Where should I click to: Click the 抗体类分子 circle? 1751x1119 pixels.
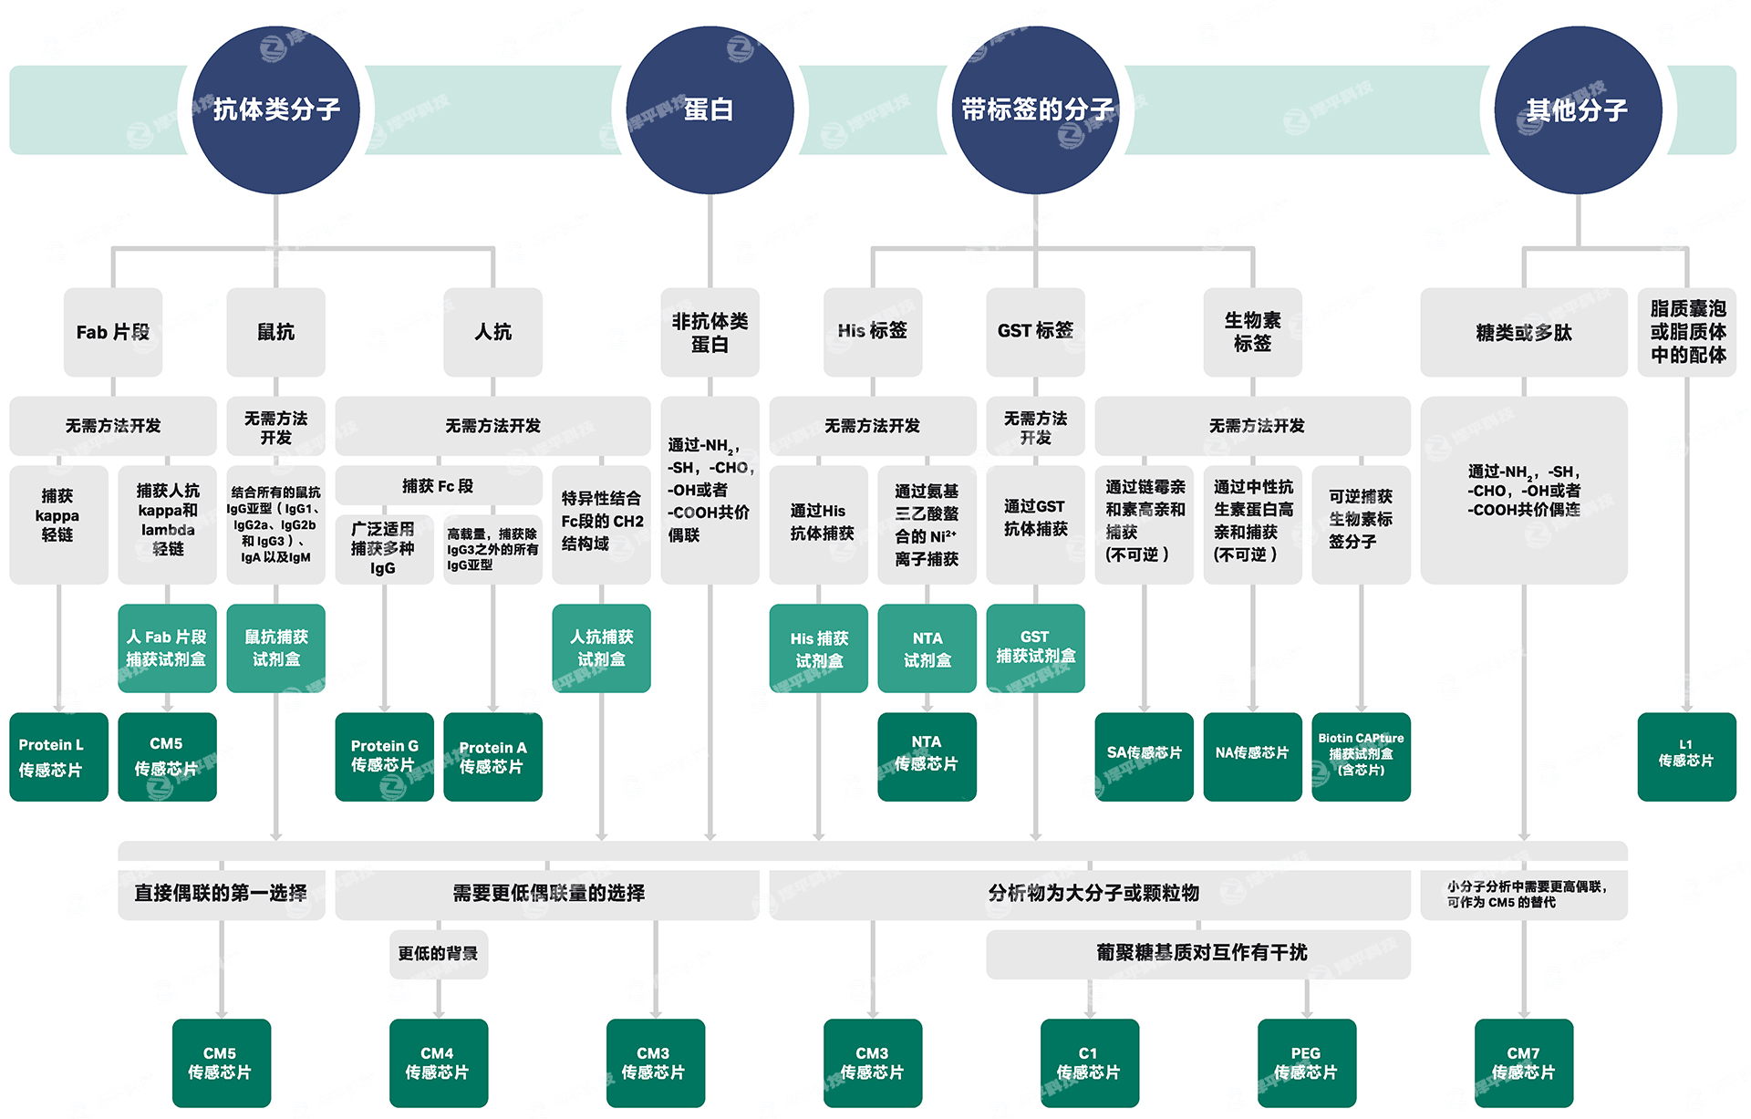coord(276,109)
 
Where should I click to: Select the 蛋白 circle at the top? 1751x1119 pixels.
coord(710,109)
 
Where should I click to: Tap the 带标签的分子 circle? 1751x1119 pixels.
coord(1036,109)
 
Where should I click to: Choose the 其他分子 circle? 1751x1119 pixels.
coord(1578,109)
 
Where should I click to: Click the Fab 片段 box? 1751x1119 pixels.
coord(113,332)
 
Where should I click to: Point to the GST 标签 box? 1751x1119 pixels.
coord(1035,331)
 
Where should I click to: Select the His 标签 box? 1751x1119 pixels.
coord(873,331)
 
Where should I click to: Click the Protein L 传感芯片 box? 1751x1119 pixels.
coord(58,757)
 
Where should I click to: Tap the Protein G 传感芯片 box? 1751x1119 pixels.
coord(384,757)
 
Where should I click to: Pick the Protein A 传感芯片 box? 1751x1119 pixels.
coord(492,757)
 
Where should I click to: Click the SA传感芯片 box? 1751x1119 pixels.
coord(1144,757)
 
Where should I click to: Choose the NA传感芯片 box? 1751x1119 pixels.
coord(1252,757)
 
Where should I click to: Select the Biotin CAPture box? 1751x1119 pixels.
coord(1361,757)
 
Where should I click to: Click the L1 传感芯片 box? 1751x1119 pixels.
coord(1686,757)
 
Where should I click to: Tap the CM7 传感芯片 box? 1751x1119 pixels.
coord(1523,1062)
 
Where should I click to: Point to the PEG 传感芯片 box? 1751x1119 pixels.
coord(1306,1062)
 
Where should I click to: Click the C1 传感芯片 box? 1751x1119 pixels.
coord(1089,1062)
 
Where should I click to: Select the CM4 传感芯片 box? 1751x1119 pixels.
coord(438,1062)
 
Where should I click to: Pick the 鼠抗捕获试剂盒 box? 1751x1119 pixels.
coord(275,648)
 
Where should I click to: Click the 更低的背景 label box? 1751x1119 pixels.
coord(438,954)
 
